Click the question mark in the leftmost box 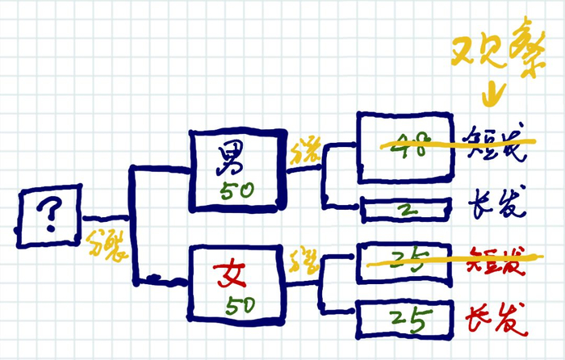[49, 216]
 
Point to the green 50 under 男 [238, 190]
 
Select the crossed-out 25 [407, 259]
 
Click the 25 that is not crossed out [407, 320]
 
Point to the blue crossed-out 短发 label [500, 145]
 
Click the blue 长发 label [500, 209]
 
